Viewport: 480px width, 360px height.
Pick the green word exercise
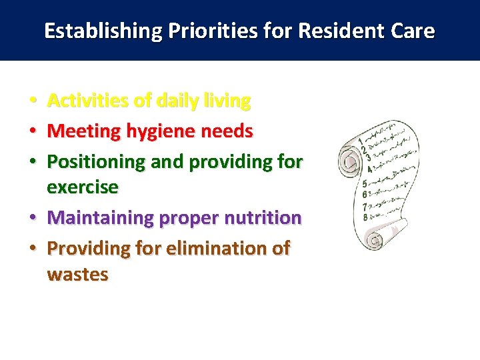click(x=82, y=188)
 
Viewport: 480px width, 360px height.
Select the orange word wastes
click(x=77, y=275)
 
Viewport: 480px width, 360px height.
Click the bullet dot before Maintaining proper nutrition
click(x=33, y=219)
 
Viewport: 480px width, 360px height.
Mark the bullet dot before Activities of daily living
click(x=33, y=102)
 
